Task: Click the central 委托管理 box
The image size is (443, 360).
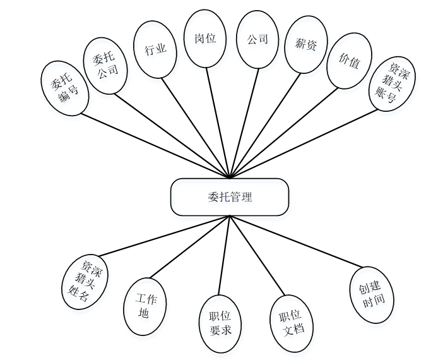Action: click(x=230, y=197)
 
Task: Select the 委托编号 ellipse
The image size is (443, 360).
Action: click(x=64, y=88)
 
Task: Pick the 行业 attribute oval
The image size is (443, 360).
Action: click(x=155, y=50)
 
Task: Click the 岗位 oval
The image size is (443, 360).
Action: click(x=205, y=39)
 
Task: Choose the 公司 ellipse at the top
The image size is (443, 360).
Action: click(x=257, y=39)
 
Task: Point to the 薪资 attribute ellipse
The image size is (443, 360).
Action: click(x=305, y=44)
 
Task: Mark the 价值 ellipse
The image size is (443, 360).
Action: click(x=349, y=61)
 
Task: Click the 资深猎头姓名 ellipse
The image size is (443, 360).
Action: click(x=86, y=282)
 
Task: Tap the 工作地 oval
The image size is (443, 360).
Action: click(x=145, y=306)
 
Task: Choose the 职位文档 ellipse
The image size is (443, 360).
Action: click(x=291, y=322)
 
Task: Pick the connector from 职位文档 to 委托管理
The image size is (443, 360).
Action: click(x=258, y=263)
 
